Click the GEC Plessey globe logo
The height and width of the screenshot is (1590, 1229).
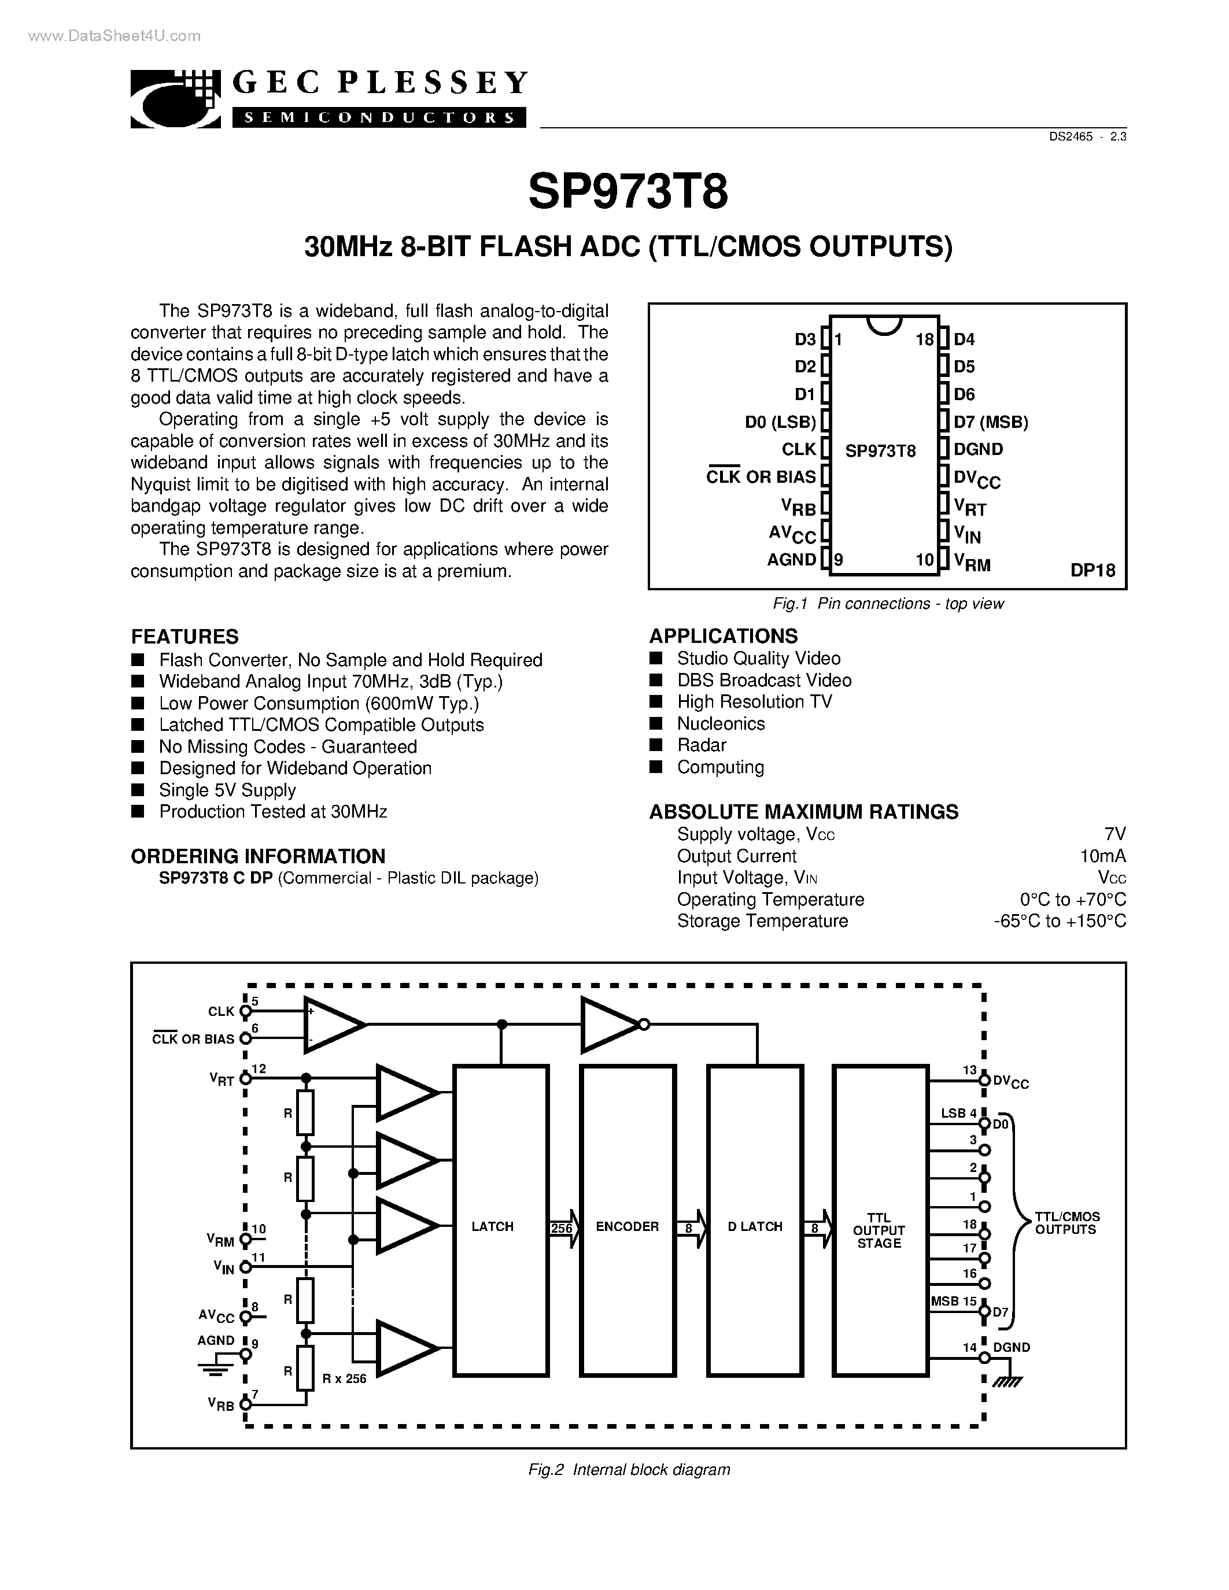click(x=175, y=100)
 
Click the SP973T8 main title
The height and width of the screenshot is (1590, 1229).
click(x=628, y=192)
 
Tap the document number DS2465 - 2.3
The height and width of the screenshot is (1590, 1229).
click(x=1088, y=136)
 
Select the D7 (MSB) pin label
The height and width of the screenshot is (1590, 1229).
click(x=990, y=422)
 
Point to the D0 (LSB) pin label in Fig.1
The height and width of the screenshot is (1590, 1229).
click(x=780, y=422)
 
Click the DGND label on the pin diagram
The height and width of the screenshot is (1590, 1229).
click(x=978, y=450)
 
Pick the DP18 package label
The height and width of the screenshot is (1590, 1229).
click(x=1092, y=571)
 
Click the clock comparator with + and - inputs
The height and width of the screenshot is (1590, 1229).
click(x=332, y=1025)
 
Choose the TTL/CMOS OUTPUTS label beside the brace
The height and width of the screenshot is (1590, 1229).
click(x=1066, y=1223)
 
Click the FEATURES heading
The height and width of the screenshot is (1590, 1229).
click(x=185, y=637)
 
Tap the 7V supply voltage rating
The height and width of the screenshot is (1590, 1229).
click(x=1114, y=834)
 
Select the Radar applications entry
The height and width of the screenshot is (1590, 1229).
click(x=701, y=745)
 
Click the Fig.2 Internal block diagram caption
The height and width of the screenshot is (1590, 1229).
click(x=628, y=1469)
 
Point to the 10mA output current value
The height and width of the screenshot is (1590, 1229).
click(x=1103, y=856)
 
